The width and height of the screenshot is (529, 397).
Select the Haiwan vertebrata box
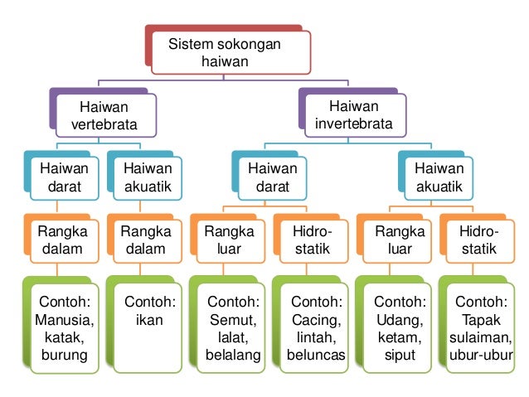(x=104, y=116)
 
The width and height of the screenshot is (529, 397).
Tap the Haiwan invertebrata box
(x=353, y=116)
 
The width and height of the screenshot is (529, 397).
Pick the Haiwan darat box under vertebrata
(x=64, y=178)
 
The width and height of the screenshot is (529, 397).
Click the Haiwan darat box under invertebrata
(x=272, y=178)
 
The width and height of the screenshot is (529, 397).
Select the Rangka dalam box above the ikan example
(x=146, y=240)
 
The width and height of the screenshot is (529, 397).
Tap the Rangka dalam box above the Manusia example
(x=64, y=240)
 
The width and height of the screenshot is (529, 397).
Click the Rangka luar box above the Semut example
(x=229, y=240)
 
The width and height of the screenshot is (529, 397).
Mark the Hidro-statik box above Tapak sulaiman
(x=479, y=240)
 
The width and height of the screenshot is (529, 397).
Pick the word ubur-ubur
(x=481, y=357)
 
